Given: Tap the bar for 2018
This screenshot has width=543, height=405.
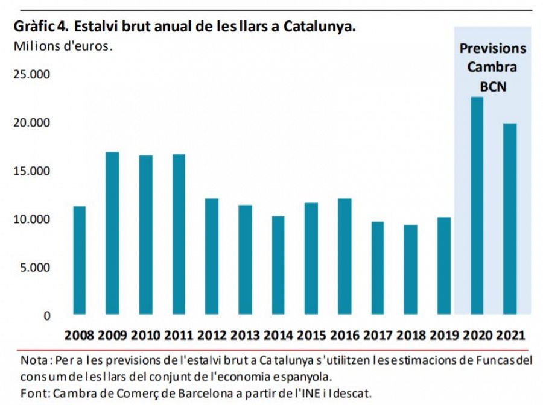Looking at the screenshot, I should tap(410, 269).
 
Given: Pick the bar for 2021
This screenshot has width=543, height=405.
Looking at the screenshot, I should tap(510, 218).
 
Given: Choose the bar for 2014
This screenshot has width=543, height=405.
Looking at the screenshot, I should tap(278, 265).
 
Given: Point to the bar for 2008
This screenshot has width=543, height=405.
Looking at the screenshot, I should tap(79, 260).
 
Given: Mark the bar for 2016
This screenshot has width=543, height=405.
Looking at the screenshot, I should tap(344, 256).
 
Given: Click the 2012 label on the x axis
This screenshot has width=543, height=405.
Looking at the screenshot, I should tap(212, 335).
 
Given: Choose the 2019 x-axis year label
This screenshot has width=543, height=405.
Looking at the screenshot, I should tap(443, 335).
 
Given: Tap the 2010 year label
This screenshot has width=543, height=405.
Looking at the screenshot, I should tap(145, 335).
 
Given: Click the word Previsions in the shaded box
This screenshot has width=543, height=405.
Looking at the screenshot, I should tap(493, 49).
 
